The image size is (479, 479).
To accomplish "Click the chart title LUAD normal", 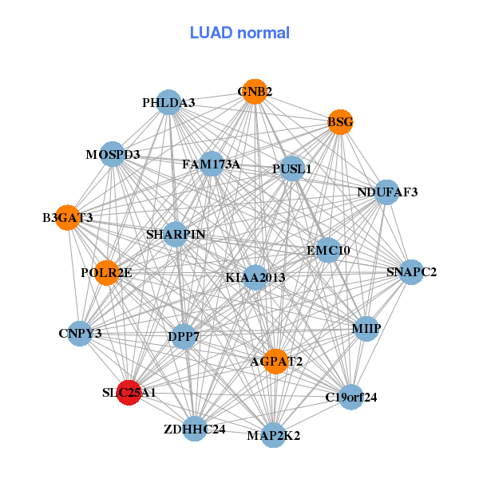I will (239, 34).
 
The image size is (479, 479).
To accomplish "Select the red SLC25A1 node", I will (129, 392).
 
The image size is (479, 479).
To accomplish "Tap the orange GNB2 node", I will (254, 92).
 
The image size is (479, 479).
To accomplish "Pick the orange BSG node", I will (341, 122).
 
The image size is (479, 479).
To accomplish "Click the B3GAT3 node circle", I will (69, 217).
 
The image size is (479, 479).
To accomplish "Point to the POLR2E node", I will (106, 273).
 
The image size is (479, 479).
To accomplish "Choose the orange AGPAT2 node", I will (275, 362).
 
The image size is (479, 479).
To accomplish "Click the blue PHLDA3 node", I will (168, 103).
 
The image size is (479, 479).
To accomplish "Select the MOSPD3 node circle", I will (113, 154).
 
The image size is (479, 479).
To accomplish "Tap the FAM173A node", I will (212, 164).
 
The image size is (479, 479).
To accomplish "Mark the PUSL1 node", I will (293, 168).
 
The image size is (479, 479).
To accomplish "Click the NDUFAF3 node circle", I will (387, 192).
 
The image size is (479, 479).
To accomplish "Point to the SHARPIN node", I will (176, 235).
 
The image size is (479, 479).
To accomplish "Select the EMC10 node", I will (328, 250).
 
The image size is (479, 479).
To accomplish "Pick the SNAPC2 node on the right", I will (411, 272).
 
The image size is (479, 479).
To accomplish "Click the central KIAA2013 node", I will (255, 278).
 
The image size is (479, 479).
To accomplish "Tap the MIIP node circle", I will (366, 329).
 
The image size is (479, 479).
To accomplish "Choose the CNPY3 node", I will (80, 333).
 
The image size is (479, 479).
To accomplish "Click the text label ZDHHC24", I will (195, 430).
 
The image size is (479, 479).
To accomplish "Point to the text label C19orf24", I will (351, 397).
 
